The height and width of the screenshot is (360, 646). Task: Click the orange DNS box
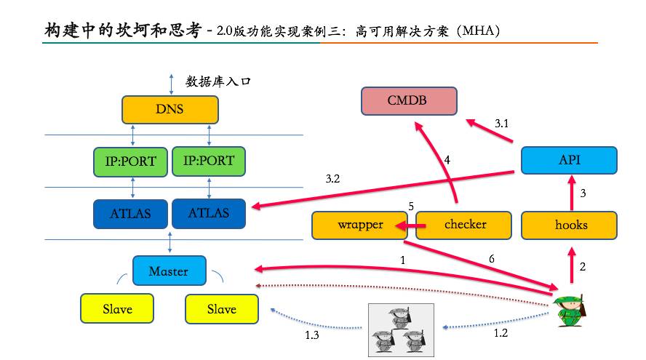[x=170, y=110]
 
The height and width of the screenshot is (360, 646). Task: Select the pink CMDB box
[x=409, y=100]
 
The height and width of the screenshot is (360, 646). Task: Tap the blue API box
[x=569, y=161]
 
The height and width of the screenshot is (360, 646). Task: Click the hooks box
[x=570, y=225]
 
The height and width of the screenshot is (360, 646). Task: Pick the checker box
[x=465, y=225]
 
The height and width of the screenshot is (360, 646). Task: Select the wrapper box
[x=359, y=225]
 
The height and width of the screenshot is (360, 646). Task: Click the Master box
[x=169, y=271]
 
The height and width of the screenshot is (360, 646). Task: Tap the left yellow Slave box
[x=117, y=309]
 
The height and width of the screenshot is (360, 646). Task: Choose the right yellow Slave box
[x=222, y=309]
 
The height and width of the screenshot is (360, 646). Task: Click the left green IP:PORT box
[x=130, y=161]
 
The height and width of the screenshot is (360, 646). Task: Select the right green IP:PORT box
[x=208, y=161]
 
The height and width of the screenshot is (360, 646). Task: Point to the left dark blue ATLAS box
[x=132, y=214]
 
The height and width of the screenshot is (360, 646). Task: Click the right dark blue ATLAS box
[x=209, y=213]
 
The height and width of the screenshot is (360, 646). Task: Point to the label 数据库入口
[x=218, y=81]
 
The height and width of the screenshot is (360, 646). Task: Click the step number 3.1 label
[x=503, y=124]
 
